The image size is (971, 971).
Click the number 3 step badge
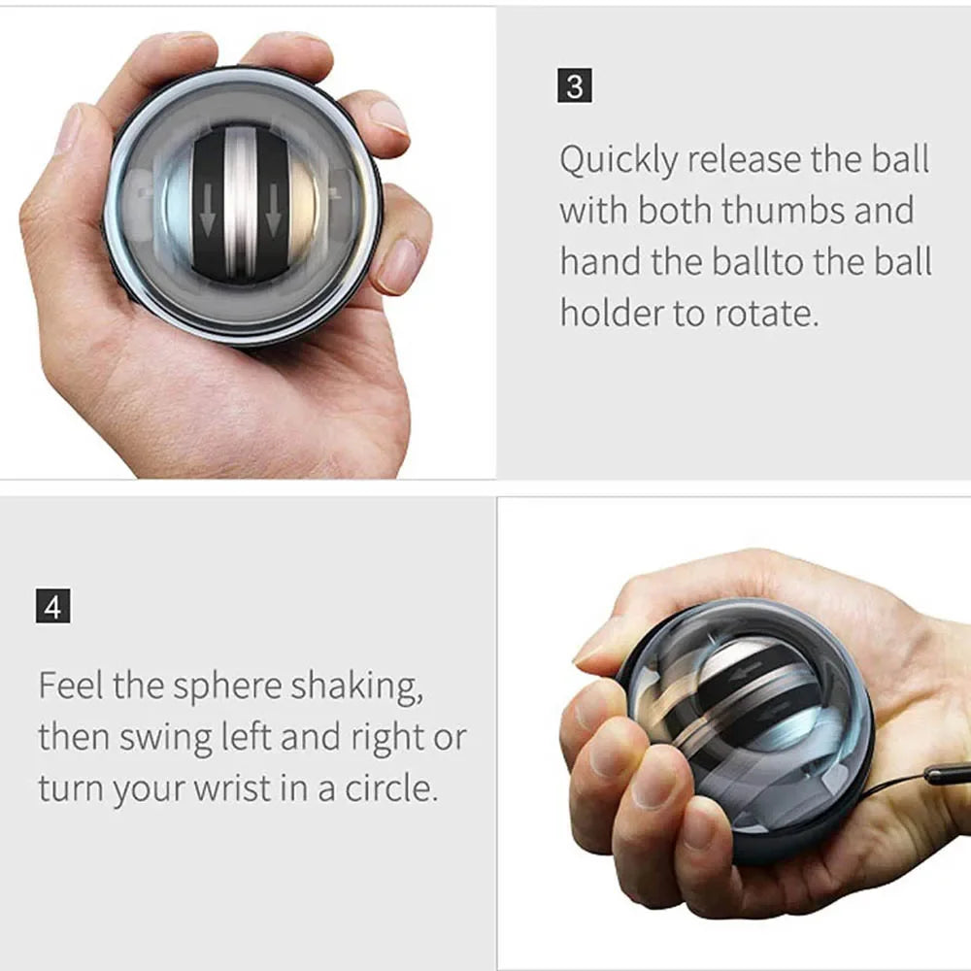[x=575, y=86]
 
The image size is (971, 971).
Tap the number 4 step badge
[x=52, y=608]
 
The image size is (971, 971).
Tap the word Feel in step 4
[x=71, y=686]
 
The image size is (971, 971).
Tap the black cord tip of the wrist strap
[x=946, y=774]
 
